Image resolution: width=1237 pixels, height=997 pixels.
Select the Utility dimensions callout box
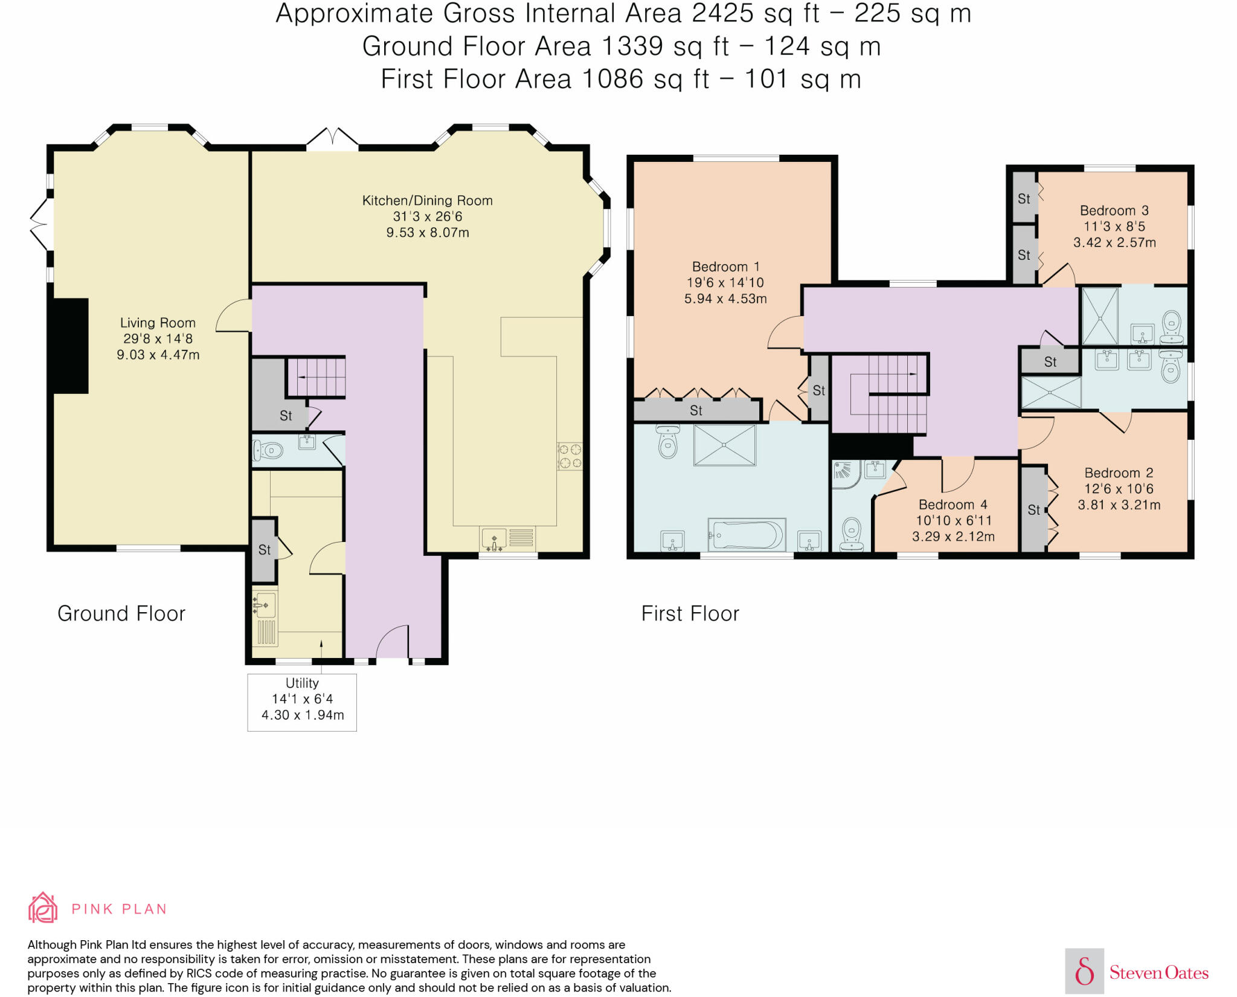click(x=302, y=702)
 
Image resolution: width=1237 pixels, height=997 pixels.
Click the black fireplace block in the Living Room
click(x=71, y=346)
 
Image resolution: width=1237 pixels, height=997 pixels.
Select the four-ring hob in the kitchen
click(x=570, y=456)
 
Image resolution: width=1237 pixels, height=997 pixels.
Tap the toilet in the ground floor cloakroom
click(x=268, y=450)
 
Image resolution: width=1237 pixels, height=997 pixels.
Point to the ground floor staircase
click(x=315, y=376)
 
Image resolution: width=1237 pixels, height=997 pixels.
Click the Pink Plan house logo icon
click(x=43, y=908)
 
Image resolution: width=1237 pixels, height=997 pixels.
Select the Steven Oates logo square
click(x=1084, y=971)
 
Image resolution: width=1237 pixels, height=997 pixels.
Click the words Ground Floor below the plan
click(x=121, y=613)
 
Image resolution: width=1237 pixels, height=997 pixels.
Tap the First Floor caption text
click(x=690, y=613)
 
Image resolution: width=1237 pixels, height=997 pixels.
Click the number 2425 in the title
click(x=723, y=13)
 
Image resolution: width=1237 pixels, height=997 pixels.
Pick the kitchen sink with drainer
click(x=508, y=538)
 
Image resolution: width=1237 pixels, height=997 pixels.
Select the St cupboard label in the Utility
click(x=265, y=550)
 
